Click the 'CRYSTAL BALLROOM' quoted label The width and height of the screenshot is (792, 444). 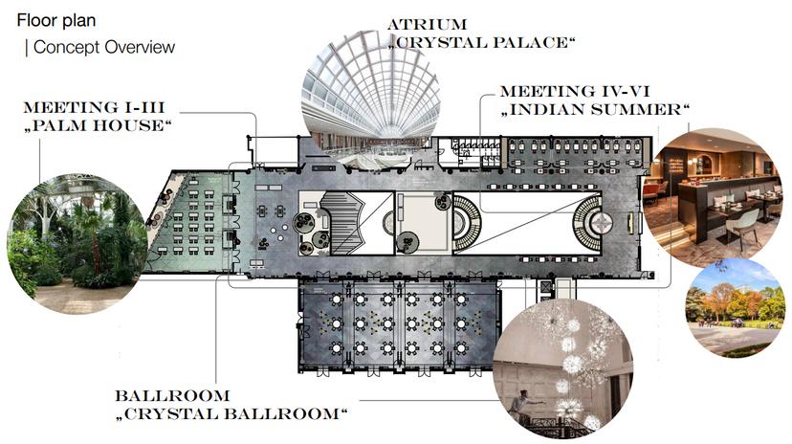tap(231, 413)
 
